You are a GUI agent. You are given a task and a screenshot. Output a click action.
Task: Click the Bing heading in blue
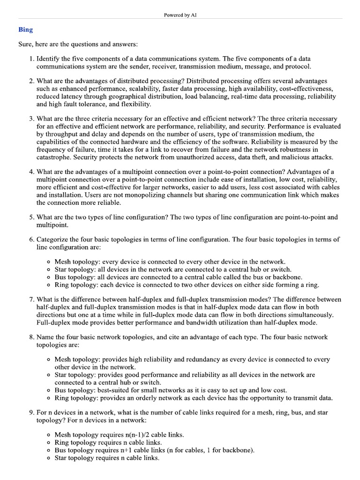click(x=25, y=30)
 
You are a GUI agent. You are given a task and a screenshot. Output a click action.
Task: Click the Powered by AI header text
click(x=180, y=15)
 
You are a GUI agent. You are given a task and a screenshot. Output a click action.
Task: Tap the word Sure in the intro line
click(x=25, y=44)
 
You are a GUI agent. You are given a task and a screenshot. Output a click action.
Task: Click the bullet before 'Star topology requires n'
click(x=49, y=458)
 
